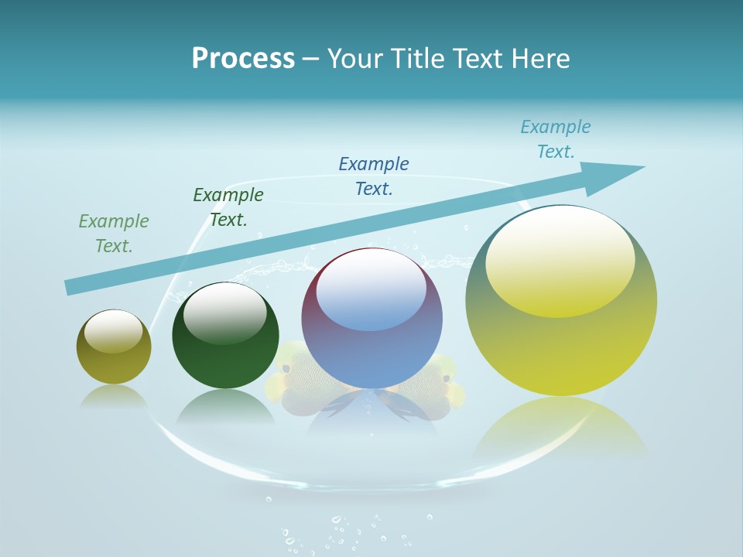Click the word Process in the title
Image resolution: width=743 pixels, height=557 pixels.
click(x=243, y=58)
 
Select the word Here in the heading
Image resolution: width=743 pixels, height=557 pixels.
click(x=541, y=58)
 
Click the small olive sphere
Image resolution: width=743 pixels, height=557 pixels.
click(x=114, y=364)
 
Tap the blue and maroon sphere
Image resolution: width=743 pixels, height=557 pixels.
click(x=372, y=348)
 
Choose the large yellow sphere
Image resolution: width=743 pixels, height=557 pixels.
click(x=561, y=348)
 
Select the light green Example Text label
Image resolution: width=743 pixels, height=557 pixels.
click(x=114, y=234)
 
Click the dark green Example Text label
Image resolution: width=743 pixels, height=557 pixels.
click(x=228, y=207)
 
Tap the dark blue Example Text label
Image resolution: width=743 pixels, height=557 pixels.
click(x=374, y=176)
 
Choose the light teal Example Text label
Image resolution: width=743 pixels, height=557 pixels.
click(x=556, y=139)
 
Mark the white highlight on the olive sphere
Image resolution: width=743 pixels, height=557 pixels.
click(x=114, y=330)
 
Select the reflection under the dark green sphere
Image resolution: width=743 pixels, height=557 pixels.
click(x=225, y=408)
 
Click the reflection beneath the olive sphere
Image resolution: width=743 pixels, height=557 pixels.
click(x=114, y=396)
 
